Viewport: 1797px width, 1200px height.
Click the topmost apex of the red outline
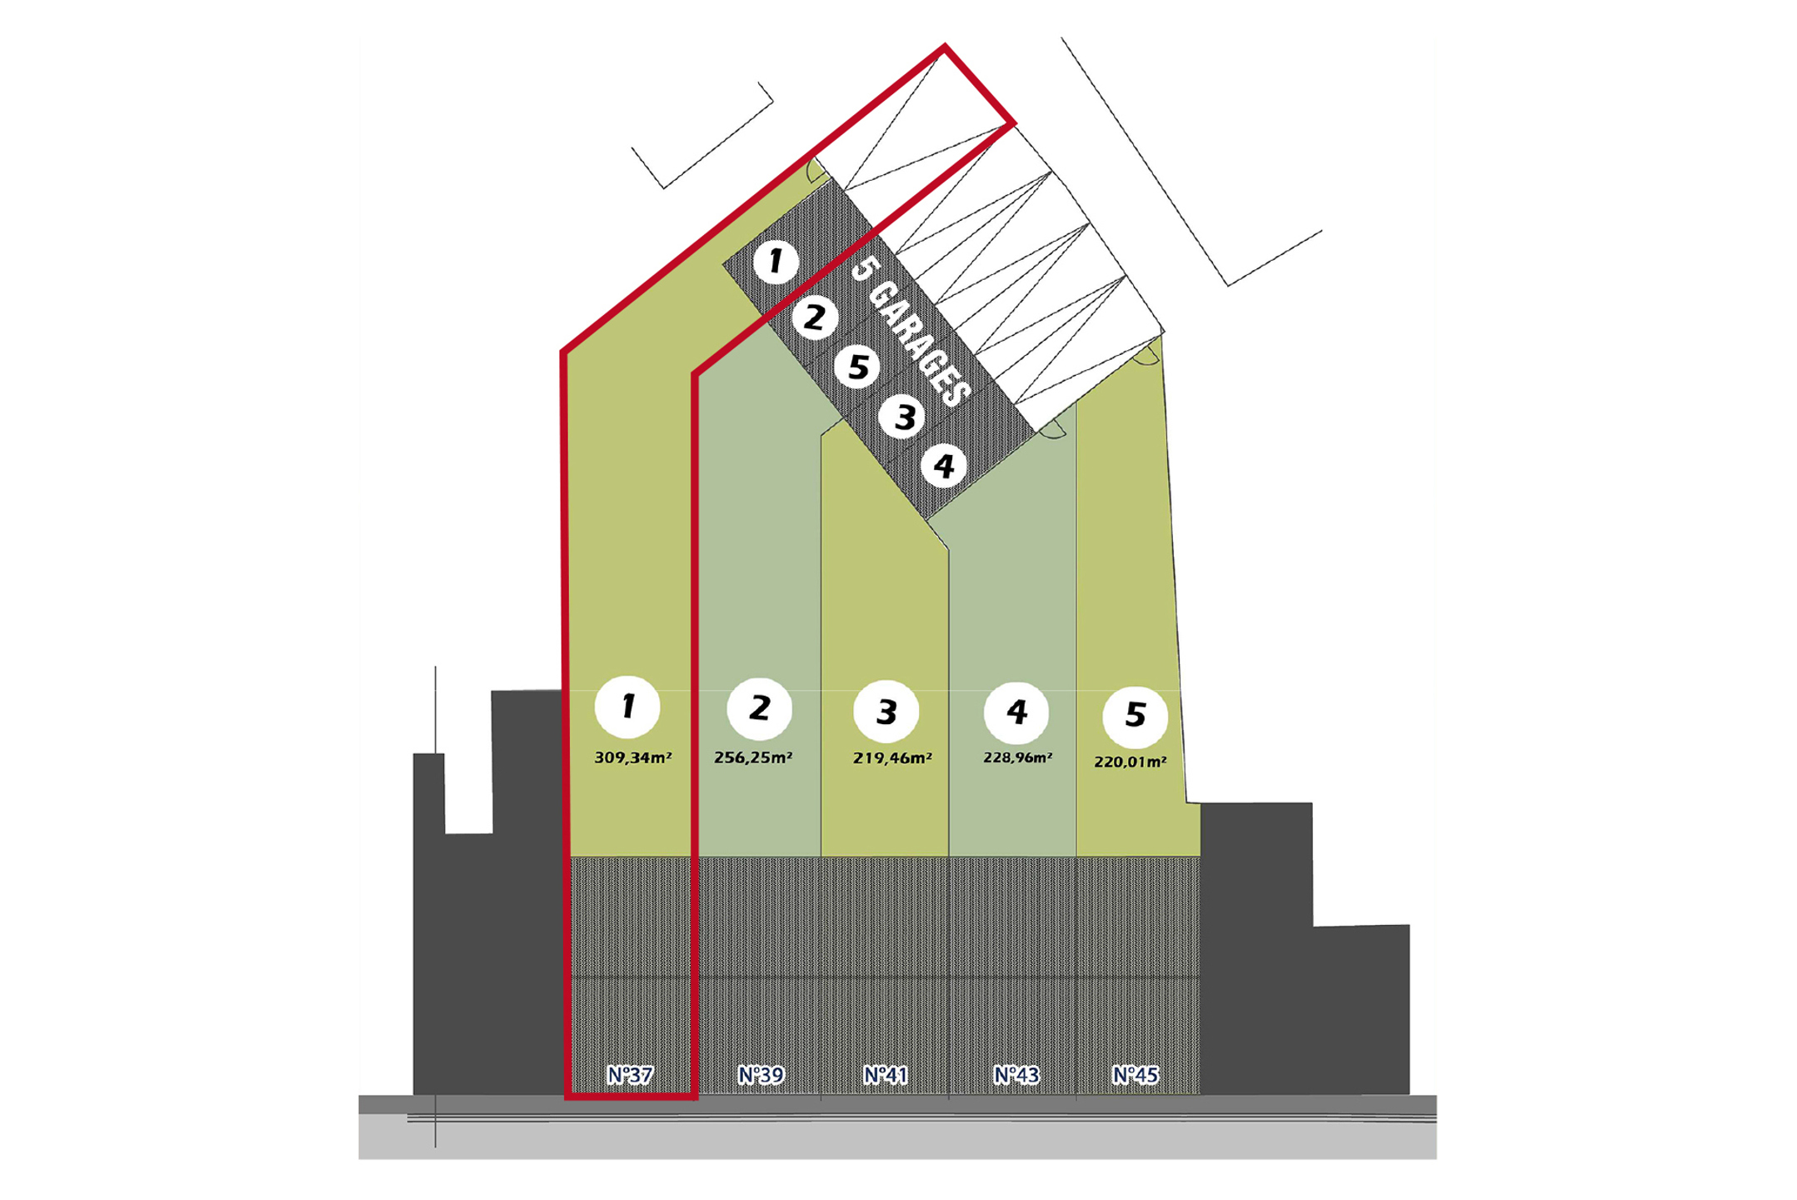(945, 47)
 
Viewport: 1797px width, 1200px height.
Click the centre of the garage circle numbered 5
(858, 367)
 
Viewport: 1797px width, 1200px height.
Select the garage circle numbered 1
(776, 261)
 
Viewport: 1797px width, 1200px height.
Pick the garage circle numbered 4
(944, 466)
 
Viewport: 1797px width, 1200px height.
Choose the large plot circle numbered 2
(759, 708)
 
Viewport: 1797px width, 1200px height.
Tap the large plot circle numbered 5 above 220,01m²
(1135, 715)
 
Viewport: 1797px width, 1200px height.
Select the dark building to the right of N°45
(1304, 948)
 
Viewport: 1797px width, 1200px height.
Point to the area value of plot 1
(633, 757)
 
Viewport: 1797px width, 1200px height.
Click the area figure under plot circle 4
(1017, 757)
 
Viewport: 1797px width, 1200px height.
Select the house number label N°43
(1016, 1075)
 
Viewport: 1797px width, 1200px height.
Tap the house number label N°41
(885, 1075)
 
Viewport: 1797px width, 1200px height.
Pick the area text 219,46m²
(892, 757)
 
